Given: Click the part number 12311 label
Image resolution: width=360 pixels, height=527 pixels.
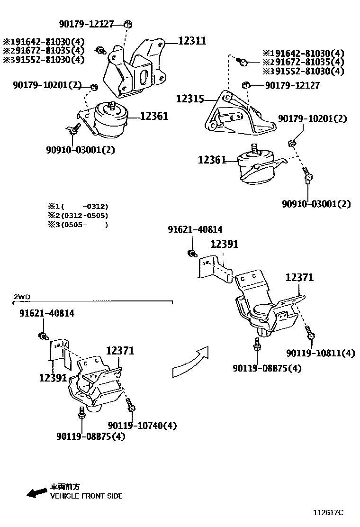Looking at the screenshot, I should tap(192, 41).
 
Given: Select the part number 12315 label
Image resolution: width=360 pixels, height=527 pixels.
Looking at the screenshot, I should tap(190, 99).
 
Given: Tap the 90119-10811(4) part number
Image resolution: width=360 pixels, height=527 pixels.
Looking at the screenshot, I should tap(320, 353).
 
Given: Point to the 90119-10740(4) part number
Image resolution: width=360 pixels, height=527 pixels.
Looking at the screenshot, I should tap(142, 426).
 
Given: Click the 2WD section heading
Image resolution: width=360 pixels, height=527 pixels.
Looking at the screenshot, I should tap(22, 297).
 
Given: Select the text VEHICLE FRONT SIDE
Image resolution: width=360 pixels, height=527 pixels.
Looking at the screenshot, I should tap(86, 496).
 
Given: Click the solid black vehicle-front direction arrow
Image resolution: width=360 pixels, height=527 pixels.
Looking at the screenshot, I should tap(36, 493).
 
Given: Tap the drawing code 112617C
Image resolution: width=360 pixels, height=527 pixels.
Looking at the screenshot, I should tap(328, 513).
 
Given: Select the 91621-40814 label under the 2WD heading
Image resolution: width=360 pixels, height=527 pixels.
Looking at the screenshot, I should tap(46, 313).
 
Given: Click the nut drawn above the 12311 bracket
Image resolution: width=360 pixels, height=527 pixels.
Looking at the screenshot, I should tap(128, 24).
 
